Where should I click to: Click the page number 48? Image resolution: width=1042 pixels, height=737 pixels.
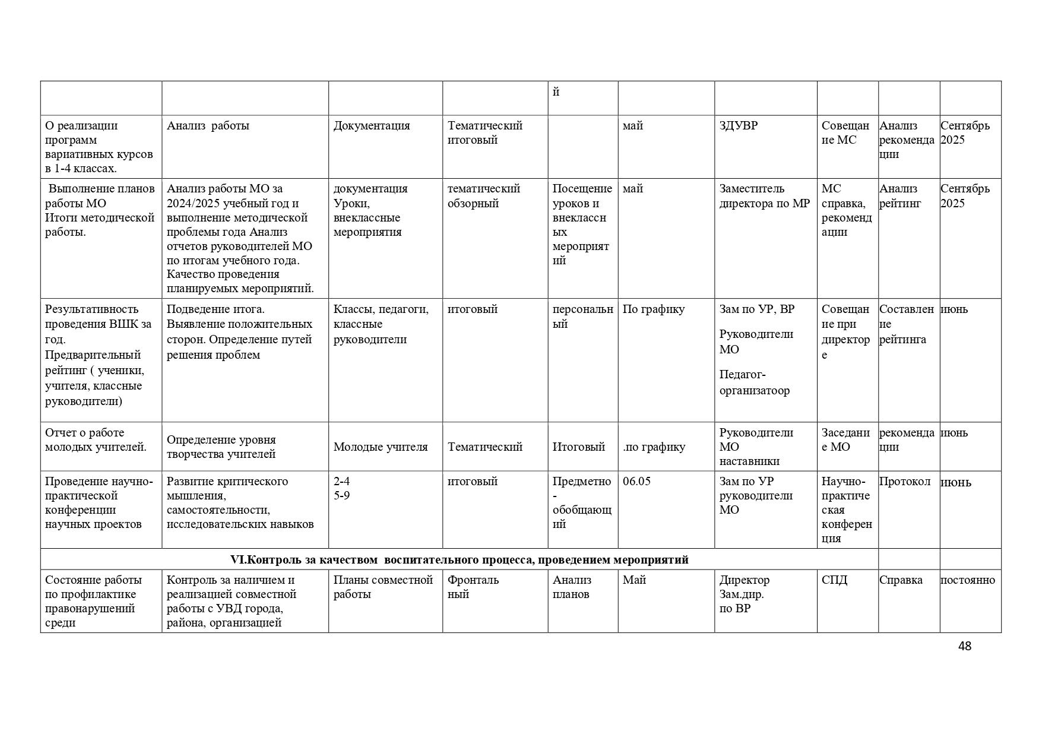tap(964, 646)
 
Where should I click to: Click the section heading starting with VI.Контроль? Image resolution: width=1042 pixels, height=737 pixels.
tap(459, 559)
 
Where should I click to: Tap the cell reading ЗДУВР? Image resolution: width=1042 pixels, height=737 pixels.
tap(738, 126)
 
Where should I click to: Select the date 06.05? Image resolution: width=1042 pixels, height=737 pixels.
tap(636, 482)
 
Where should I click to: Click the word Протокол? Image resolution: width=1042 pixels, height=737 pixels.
tap(904, 482)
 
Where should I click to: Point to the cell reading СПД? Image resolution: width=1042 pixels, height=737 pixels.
tap(834, 580)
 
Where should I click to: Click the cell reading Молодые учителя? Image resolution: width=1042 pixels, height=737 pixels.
tap(380, 447)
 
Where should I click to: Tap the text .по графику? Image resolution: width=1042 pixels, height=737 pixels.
tap(654, 447)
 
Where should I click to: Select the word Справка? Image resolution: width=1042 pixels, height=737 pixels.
tap(901, 580)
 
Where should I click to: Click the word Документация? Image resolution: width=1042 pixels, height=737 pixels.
tap(371, 126)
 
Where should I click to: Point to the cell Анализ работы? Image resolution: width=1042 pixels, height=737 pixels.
tap(208, 126)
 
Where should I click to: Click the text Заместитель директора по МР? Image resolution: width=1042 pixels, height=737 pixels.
tap(764, 196)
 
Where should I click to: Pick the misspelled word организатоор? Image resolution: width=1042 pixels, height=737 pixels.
tap(755, 391)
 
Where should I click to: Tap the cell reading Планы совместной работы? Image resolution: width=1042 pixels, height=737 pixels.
tap(382, 587)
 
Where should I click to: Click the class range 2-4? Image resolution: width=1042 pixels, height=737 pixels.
tap(341, 482)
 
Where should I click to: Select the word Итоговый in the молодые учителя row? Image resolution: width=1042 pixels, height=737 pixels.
tap(578, 447)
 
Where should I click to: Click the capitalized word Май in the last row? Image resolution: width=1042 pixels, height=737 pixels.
tap(634, 580)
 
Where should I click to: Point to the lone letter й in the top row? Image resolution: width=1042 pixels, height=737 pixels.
tap(556, 93)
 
